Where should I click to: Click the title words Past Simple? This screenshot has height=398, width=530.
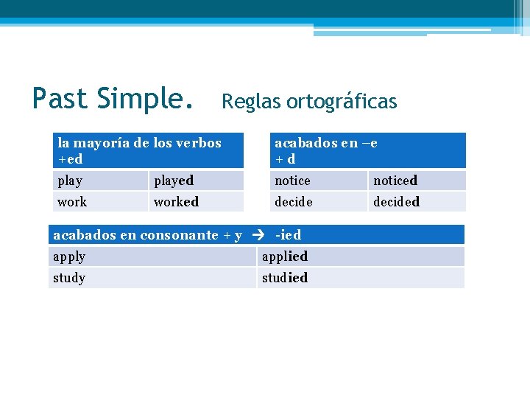113,99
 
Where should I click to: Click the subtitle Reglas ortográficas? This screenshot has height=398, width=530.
309,101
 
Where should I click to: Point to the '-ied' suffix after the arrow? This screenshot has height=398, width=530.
288,235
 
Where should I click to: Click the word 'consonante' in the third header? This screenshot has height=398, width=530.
179,235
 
